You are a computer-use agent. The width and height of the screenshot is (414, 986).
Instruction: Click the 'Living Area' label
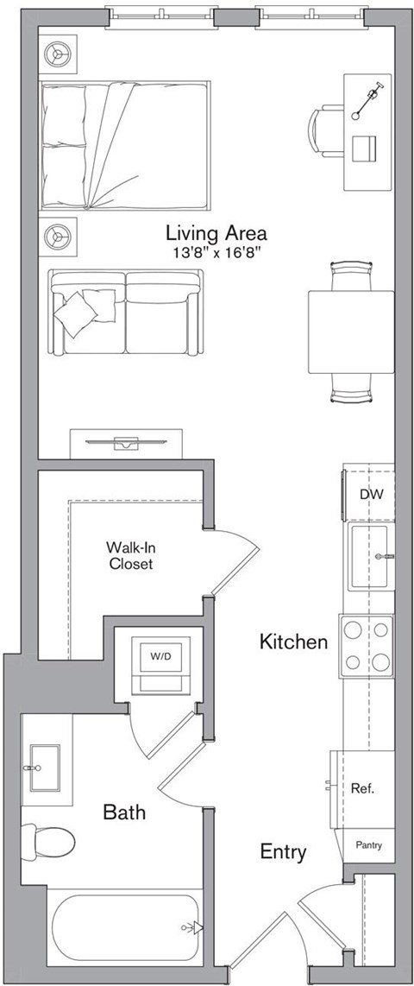point(216,233)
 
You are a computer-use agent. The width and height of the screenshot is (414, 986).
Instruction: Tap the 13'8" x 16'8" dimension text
point(216,252)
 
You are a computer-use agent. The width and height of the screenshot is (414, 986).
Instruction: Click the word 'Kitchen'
point(294,642)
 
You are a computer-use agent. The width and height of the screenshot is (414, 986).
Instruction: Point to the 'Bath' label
point(124,812)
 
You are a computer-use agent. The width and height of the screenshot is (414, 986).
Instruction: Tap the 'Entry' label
point(283,852)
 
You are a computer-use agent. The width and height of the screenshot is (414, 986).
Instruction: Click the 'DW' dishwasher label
point(371,495)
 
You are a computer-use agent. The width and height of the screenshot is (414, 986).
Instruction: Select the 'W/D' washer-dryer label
point(160,656)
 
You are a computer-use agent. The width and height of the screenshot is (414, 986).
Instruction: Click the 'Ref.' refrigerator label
point(361,788)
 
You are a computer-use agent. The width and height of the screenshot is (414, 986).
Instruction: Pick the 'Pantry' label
point(368,845)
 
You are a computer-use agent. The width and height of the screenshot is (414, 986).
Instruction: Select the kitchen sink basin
point(371,556)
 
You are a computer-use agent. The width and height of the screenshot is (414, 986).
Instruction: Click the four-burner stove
point(367,646)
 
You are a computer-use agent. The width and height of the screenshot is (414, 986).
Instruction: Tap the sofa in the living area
point(127,312)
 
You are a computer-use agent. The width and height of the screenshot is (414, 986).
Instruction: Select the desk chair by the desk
point(326,132)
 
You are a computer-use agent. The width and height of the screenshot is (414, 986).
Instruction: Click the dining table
point(351,331)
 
